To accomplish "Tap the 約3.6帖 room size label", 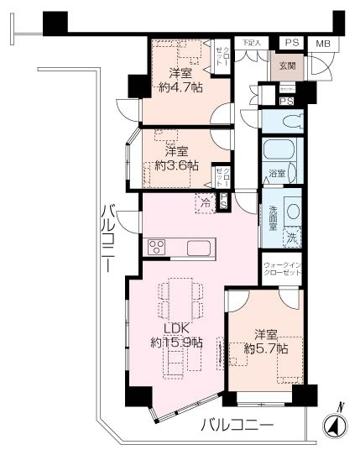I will (x=175, y=159).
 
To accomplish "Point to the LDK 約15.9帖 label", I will (x=176, y=336).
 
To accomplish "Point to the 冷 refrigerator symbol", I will (x=206, y=201).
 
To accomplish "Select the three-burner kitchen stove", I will (x=157, y=246).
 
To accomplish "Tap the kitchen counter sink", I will (x=200, y=248).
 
